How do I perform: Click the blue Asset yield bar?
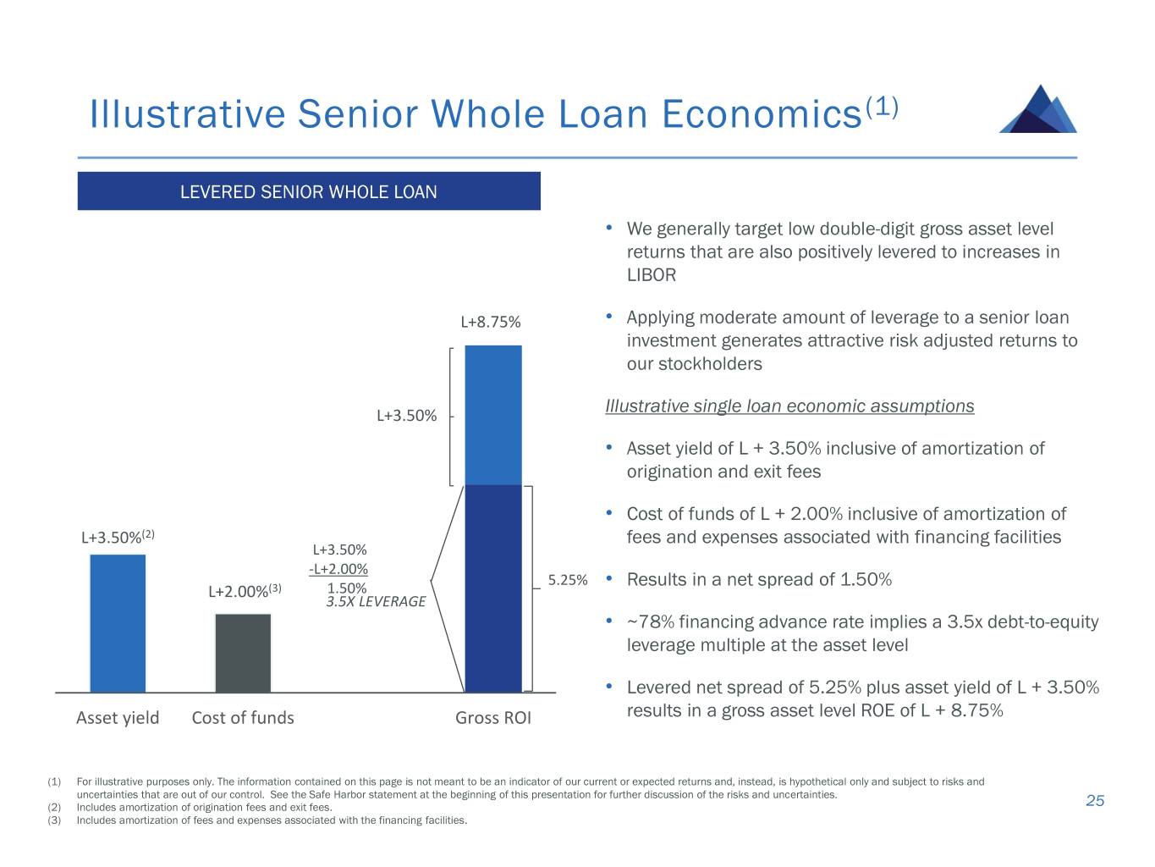coord(118,623)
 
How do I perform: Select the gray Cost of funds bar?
coord(243,653)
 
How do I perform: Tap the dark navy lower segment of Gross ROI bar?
coord(493,588)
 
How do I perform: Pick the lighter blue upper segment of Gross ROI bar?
coord(493,415)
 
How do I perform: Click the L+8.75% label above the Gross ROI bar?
coord(491,322)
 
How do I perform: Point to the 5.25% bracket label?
coord(567,580)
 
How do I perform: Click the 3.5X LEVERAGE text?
coord(376,602)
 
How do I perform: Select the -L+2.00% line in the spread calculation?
coord(338,569)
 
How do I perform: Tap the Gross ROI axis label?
coord(493,717)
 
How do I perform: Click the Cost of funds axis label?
coord(243,717)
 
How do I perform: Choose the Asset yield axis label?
coord(118,718)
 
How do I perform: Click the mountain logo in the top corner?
coord(1037,108)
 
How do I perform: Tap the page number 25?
coord(1095,801)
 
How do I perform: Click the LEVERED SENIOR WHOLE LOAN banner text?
coord(308,191)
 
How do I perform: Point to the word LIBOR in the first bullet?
coord(651,275)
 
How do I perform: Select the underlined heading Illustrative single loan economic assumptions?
coord(789,406)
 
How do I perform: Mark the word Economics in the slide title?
coord(762,113)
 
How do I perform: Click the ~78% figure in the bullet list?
coord(651,621)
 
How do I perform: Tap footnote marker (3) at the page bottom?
coord(54,820)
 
